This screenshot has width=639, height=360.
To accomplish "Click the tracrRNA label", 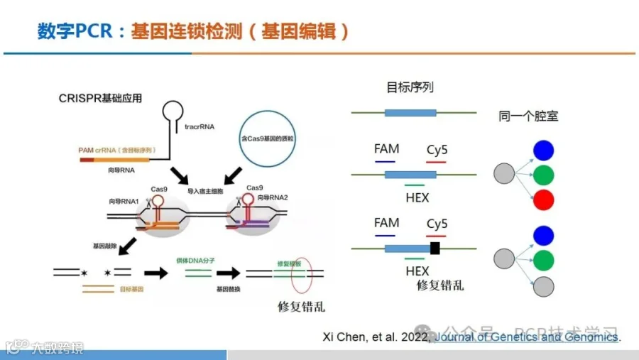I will coord(200,128).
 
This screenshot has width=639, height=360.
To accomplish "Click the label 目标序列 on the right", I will coord(410,88).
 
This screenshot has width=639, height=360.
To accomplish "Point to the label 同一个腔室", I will coord(528,116).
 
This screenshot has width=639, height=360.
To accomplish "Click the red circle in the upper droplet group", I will coord(543,200).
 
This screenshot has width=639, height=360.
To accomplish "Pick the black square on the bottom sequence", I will coord(435,249).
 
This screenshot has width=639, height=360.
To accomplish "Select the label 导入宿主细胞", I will coord(206,192).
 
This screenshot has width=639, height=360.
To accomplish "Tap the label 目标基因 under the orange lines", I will coord(131,290).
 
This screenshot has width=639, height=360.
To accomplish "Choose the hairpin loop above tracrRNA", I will coord(172,111).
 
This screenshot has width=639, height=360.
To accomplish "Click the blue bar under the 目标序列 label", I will coord(410,112).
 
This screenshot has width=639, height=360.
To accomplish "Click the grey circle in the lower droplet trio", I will coord(543,286).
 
